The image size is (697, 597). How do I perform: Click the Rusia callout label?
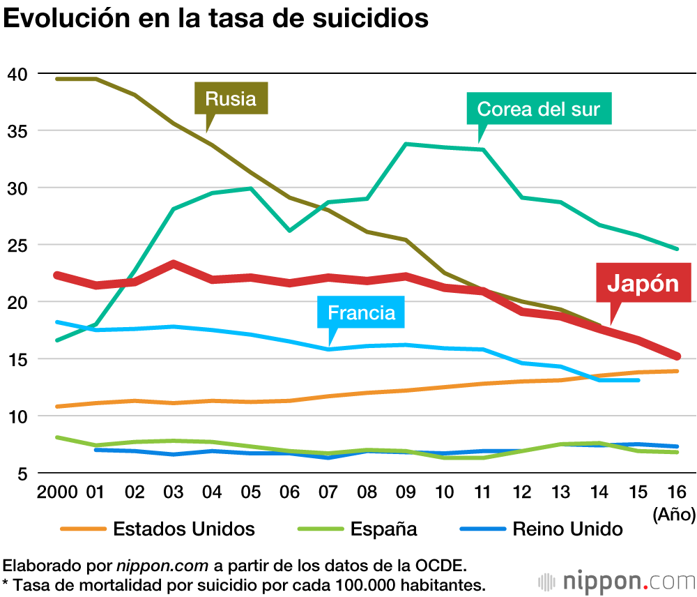coord(231,98)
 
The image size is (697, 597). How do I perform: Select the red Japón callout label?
coord(643,283)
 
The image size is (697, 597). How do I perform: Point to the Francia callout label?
coord(361,312)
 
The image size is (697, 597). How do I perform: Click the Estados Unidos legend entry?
coord(184,528)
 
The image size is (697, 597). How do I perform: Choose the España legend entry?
coord(383,528)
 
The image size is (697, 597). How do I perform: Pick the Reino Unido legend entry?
coord(567,528)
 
